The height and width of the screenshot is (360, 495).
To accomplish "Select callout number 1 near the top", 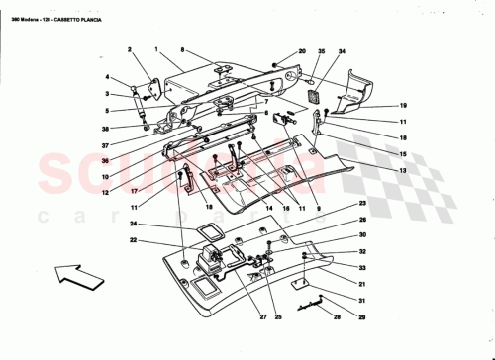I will point(156,48).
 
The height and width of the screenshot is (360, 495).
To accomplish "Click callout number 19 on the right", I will point(404,105).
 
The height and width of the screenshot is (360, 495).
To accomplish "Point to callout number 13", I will point(404,170).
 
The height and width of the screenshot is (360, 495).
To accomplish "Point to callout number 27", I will point(237,317).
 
